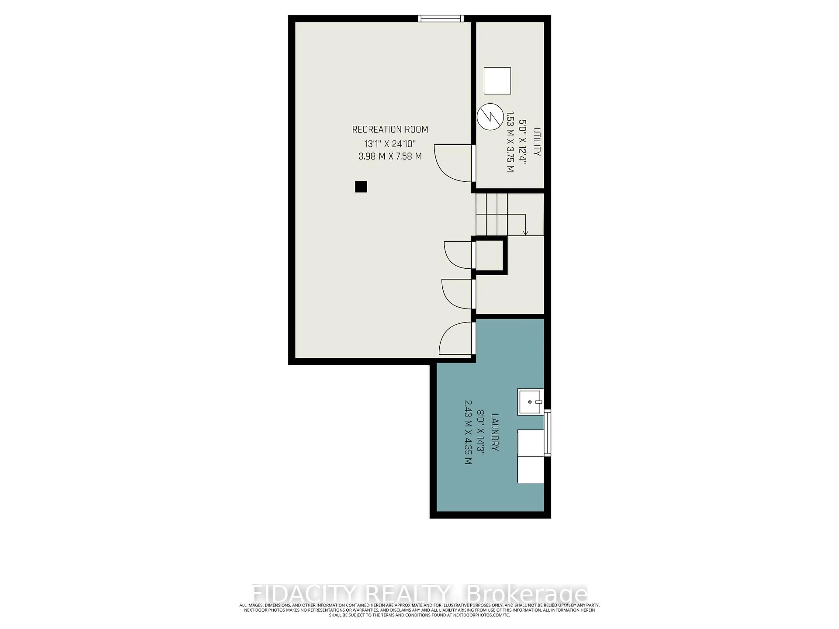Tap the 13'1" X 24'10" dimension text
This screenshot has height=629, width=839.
point(390,144)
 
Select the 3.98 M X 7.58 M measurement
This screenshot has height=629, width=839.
point(390,156)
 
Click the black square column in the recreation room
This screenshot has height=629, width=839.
point(361,187)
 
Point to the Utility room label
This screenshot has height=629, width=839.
point(537,142)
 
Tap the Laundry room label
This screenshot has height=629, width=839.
point(495,432)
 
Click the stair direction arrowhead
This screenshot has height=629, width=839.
point(525,232)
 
